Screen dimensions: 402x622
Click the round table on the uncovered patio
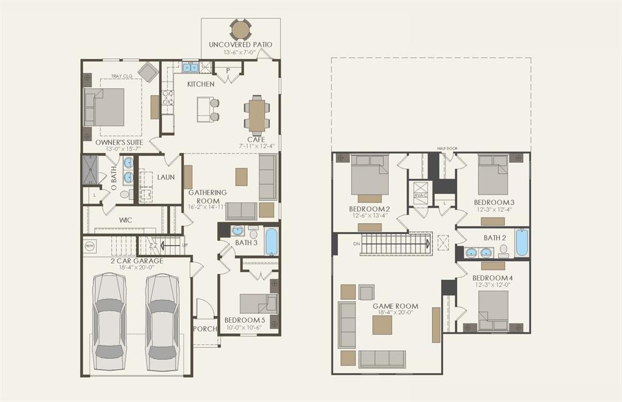pyautogui.click(x=241, y=29)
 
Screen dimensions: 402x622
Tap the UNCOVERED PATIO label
pyautogui.click(x=241, y=44)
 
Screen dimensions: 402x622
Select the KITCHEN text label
pyautogui.click(x=200, y=84)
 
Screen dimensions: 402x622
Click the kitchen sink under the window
pyautogui.click(x=190, y=67)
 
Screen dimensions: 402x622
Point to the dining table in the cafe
pyautogui.click(x=258, y=116)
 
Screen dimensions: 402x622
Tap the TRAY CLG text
pyautogui.click(x=121, y=77)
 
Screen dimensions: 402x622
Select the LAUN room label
pyautogui.click(x=166, y=178)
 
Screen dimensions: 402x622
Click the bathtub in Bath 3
pyautogui.click(x=272, y=241)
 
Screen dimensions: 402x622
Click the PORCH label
pyautogui.click(x=205, y=329)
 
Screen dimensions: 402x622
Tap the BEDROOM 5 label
pyautogui.click(x=245, y=320)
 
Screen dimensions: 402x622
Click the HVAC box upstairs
pyautogui.click(x=420, y=195)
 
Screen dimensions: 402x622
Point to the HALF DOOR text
pyautogui.click(x=446, y=148)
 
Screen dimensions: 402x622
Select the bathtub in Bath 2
pyautogui.click(x=522, y=243)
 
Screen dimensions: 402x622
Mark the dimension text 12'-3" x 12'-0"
pyautogui.click(x=493, y=284)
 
